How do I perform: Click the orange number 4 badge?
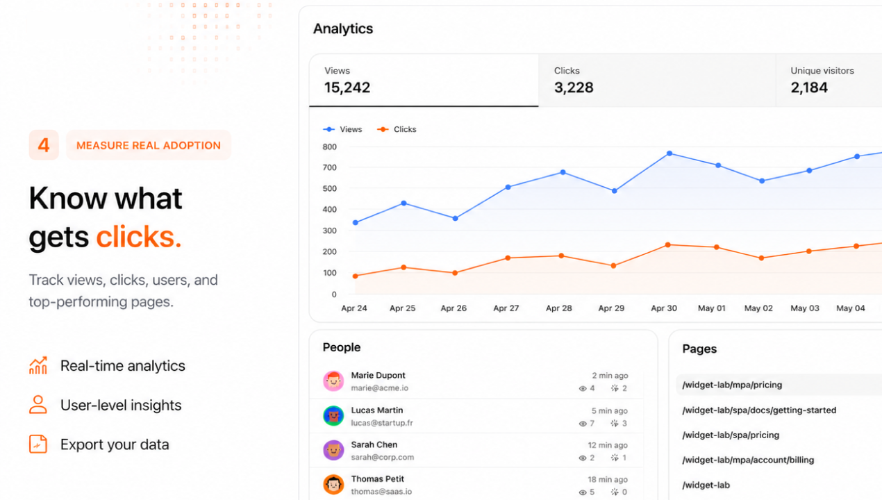pos(44,145)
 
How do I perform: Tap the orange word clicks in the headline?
pos(138,237)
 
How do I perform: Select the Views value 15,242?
pos(347,87)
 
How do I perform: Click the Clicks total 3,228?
pos(574,87)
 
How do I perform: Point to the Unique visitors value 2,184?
pos(809,87)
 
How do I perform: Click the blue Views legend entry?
pos(343,129)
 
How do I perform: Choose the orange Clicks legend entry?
pos(397,129)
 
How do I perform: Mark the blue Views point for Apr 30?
pos(669,153)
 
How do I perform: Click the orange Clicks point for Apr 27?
pos(508,258)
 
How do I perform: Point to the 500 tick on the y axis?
pos(329,188)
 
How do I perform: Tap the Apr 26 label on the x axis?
pos(454,308)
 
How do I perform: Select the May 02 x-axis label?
pos(758,308)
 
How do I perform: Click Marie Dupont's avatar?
pos(333,381)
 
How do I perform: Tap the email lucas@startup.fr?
pos(382,423)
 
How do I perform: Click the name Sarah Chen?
pos(374,444)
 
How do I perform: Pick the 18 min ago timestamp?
pos(608,479)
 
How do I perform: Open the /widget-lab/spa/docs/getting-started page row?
pos(759,410)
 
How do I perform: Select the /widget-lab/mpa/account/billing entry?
pos(748,460)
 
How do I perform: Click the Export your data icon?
pos(38,444)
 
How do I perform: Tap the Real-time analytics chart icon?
pos(38,365)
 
